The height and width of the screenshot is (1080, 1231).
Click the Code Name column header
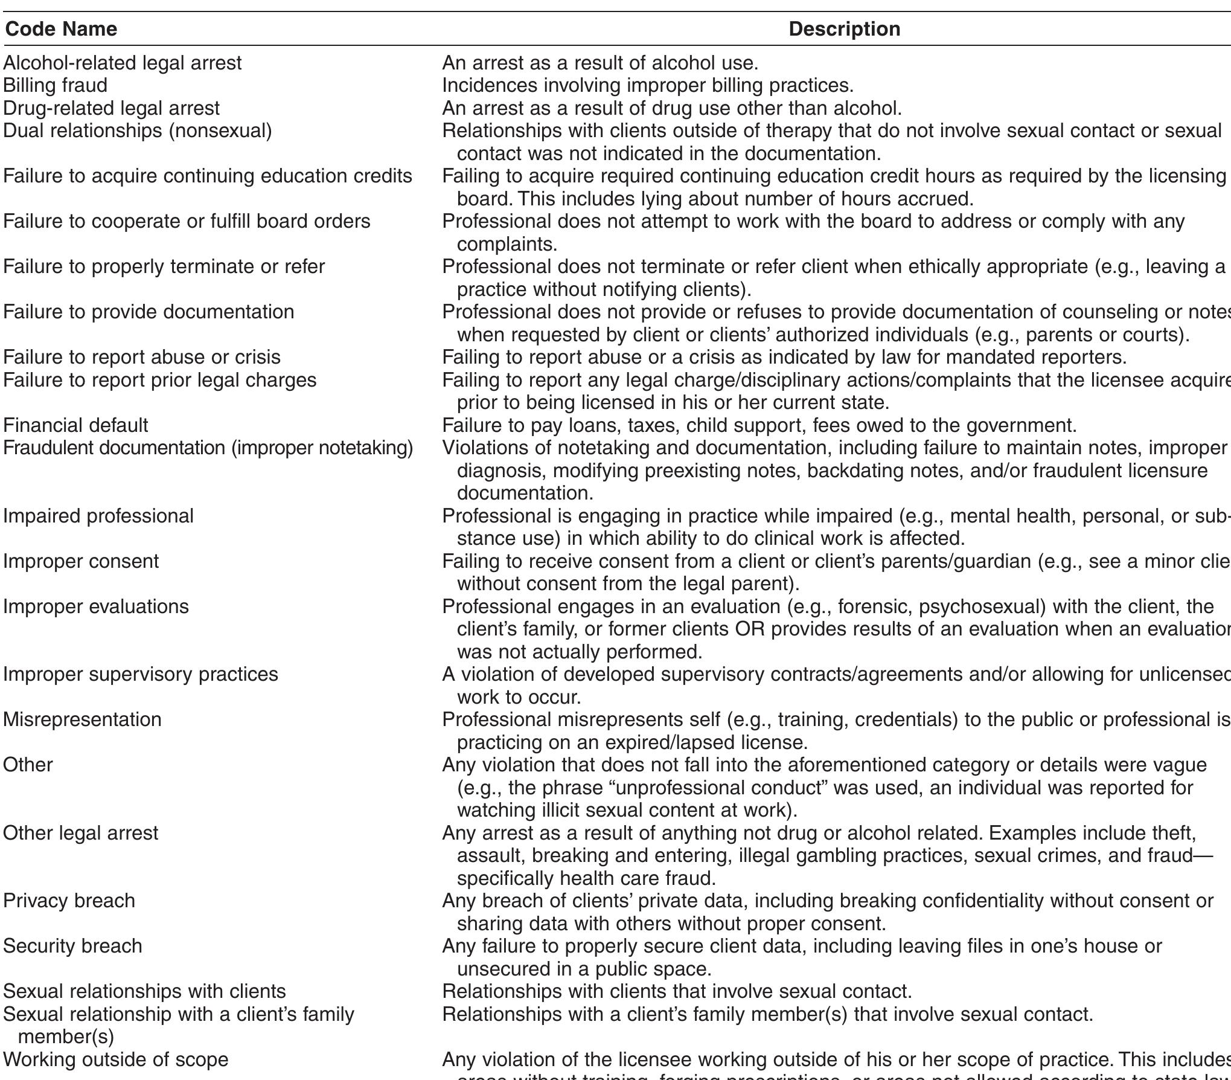click(60, 29)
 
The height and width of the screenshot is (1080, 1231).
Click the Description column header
click(844, 29)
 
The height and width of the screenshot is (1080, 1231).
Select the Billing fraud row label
click(55, 85)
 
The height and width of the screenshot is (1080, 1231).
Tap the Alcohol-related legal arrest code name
click(122, 63)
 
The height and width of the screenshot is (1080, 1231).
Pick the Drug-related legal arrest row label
click(111, 108)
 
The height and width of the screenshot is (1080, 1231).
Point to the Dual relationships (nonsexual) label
click(137, 130)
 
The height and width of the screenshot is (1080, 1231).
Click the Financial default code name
click(75, 425)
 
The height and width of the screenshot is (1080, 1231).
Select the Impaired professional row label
click(98, 516)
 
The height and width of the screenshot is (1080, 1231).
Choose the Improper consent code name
click(81, 561)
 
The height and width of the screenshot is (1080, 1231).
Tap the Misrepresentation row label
click(82, 719)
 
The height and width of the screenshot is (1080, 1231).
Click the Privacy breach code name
click(69, 901)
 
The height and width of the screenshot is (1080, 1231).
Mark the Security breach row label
click(72, 946)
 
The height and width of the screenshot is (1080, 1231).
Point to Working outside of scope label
click(115, 1059)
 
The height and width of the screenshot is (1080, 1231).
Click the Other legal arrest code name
click(80, 833)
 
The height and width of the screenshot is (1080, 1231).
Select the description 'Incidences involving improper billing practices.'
click(648, 85)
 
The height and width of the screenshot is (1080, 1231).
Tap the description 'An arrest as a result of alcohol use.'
click(600, 63)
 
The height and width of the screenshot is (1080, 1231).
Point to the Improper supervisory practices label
click(140, 674)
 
